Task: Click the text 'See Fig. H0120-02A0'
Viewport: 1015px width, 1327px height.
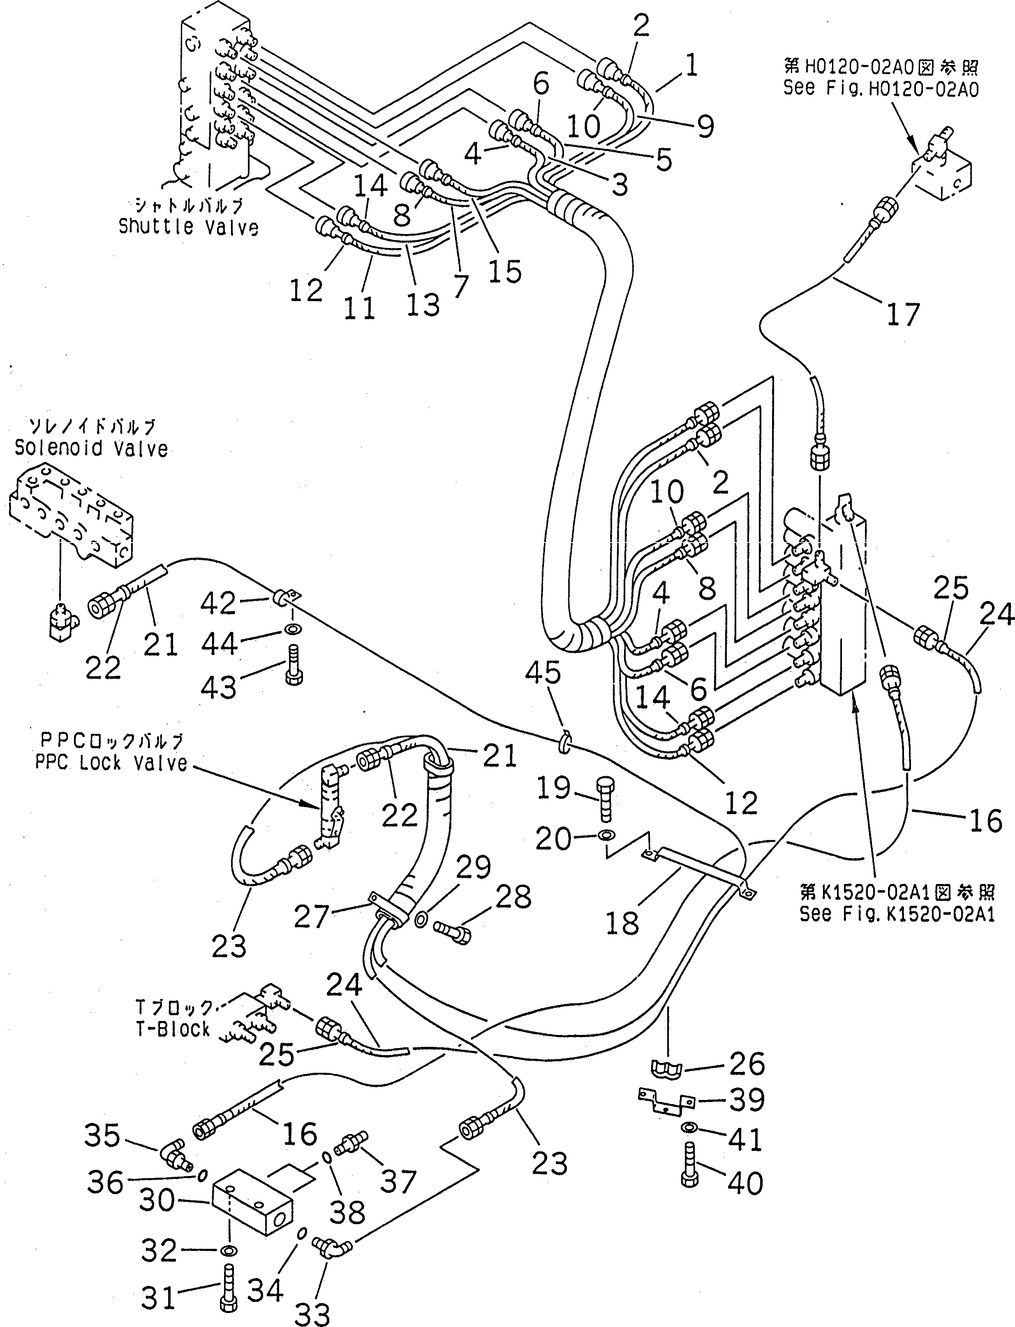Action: pos(881,88)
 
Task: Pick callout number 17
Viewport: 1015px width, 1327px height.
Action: pos(903,314)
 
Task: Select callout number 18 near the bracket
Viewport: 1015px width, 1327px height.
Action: pos(622,923)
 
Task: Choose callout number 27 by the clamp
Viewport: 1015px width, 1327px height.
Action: pos(311,917)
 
